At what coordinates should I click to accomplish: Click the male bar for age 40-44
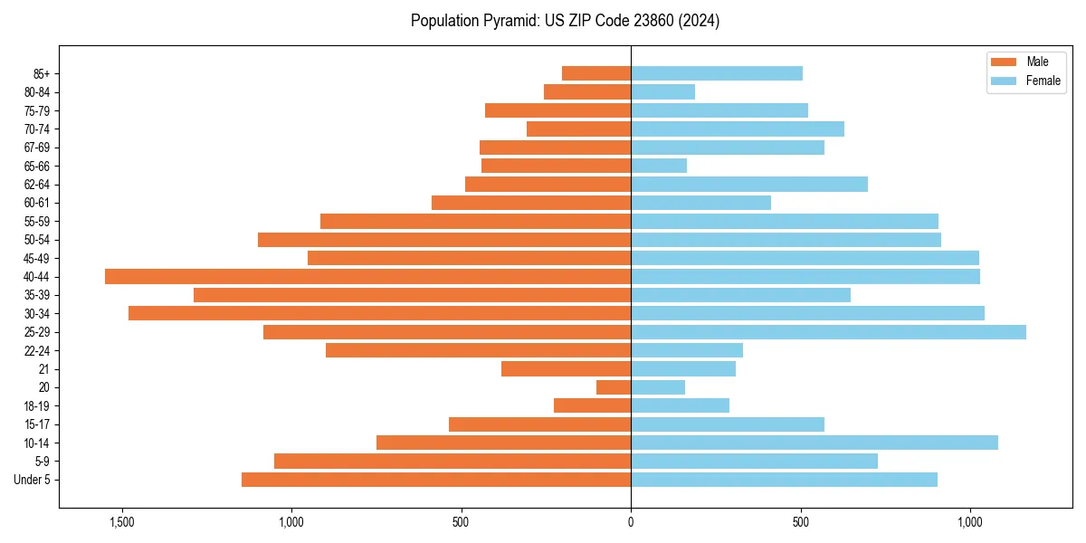[367, 277]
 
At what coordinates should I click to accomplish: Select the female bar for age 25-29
[828, 332]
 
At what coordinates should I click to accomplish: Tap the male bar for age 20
[614, 387]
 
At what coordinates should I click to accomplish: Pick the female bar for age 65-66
[659, 166]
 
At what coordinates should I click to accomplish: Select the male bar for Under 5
[436, 480]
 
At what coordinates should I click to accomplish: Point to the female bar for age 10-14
[814, 443]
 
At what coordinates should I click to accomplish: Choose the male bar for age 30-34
[379, 313]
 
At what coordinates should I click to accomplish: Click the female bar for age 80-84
[662, 92]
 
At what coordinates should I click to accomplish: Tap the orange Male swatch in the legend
[1005, 62]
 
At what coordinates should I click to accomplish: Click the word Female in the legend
[1043, 81]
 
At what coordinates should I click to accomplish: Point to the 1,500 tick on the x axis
[121, 522]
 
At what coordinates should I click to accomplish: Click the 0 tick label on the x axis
[631, 522]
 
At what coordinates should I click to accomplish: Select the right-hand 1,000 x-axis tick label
[970, 522]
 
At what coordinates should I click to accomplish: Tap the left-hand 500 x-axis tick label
[461, 522]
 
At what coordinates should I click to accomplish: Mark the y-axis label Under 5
[33, 480]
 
